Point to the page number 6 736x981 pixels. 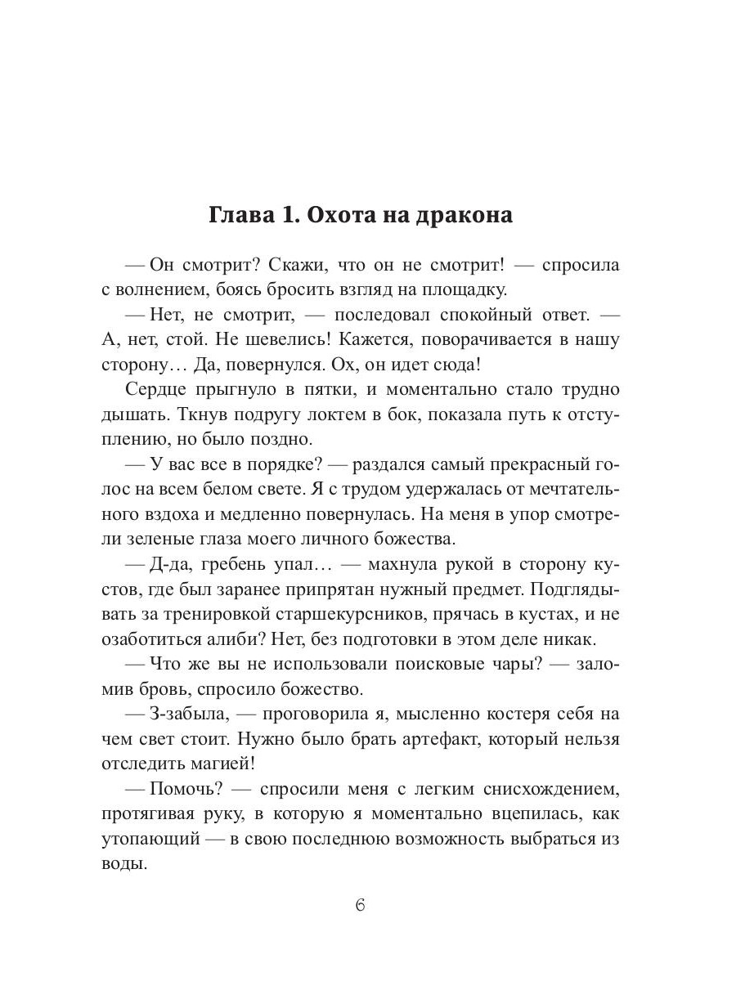click(x=361, y=907)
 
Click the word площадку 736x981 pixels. click(x=467, y=289)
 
